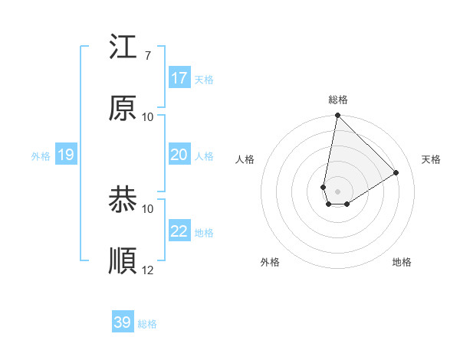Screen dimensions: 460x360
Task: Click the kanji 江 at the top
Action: click(123, 47)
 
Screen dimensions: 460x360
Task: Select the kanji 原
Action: click(123, 109)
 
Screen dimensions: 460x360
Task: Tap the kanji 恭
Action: click(123, 201)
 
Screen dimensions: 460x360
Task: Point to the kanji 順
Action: click(123, 262)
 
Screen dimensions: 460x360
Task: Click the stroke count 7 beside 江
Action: click(148, 55)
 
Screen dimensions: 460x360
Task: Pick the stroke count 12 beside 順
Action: click(148, 270)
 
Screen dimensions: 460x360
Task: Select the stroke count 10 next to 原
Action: click(148, 116)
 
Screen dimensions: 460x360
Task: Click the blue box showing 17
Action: click(179, 78)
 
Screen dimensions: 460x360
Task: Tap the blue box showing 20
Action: click(179, 155)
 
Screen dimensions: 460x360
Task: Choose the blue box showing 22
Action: click(179, 231)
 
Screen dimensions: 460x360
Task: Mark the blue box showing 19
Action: click(66, 155)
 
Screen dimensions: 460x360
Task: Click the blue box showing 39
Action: click(123, 322)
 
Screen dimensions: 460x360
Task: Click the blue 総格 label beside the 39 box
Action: click(147, 324)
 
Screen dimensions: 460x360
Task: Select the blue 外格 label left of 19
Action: click(41, 156)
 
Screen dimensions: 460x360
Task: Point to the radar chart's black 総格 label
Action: click(338, 100)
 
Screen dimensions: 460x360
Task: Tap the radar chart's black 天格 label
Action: click(432, 159)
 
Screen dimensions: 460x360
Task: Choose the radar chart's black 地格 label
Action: click(402, 263)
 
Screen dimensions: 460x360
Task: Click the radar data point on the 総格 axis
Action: click(337, 116)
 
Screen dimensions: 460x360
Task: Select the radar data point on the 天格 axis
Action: click(396, 172)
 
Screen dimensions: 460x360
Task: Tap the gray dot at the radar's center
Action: click(337, 191)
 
